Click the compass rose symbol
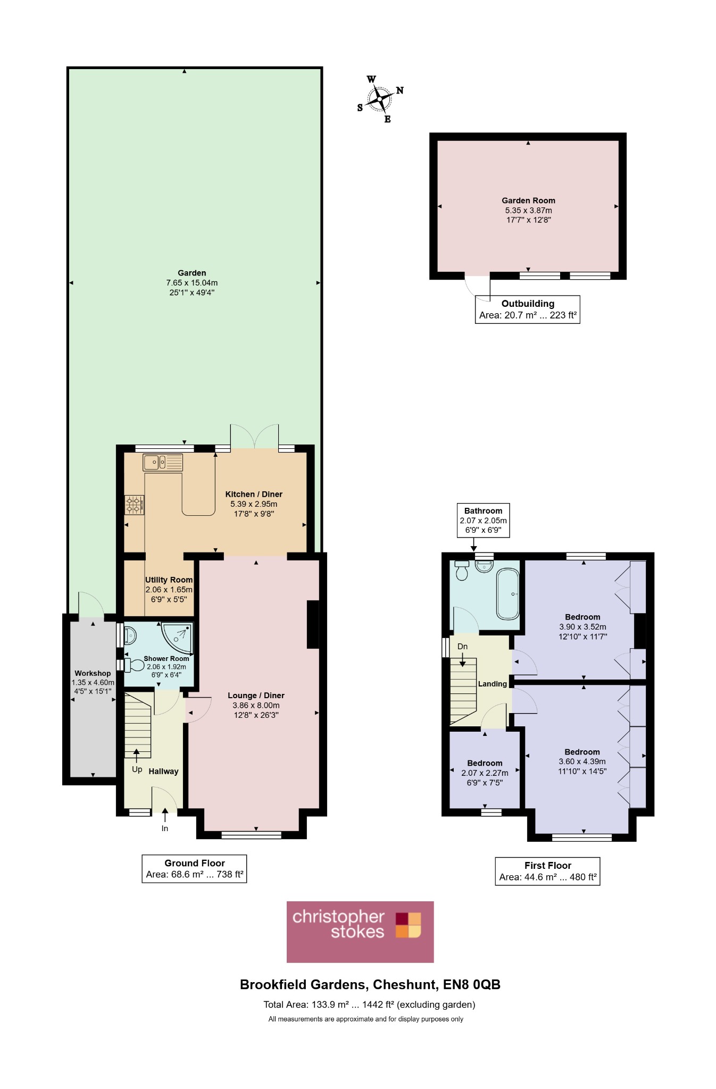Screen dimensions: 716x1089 (x=380, y=99)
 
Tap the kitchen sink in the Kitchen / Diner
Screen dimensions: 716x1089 (x=163, y=463)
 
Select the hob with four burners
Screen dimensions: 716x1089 (x=134, y=505)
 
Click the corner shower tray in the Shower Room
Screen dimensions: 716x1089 (x=177, y=638)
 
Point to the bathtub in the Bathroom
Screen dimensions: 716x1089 (x=508, y=594)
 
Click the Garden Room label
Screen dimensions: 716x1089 (x=528, y=200)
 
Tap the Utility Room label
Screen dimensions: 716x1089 (x=169, y=580)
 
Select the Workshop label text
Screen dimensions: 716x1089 (x=93, y=673)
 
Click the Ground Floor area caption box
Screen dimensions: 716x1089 (x=194, y=868)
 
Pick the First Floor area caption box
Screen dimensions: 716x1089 (x=547, y=871)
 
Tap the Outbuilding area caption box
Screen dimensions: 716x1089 (x=528, y=309)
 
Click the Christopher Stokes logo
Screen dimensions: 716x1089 (x=360, y=932)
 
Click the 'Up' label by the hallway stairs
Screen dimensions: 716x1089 (x=137, y=769)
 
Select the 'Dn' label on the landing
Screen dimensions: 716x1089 (x=462, y=647)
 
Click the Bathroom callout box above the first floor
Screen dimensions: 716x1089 (x=483, y=520)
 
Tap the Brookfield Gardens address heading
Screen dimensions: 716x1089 (x=370, y=984)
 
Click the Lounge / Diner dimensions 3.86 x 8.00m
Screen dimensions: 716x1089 (x=256, y=705)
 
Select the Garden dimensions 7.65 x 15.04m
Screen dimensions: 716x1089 (x=192, y=283)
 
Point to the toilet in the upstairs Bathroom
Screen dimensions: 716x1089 (x=462, y=571)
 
